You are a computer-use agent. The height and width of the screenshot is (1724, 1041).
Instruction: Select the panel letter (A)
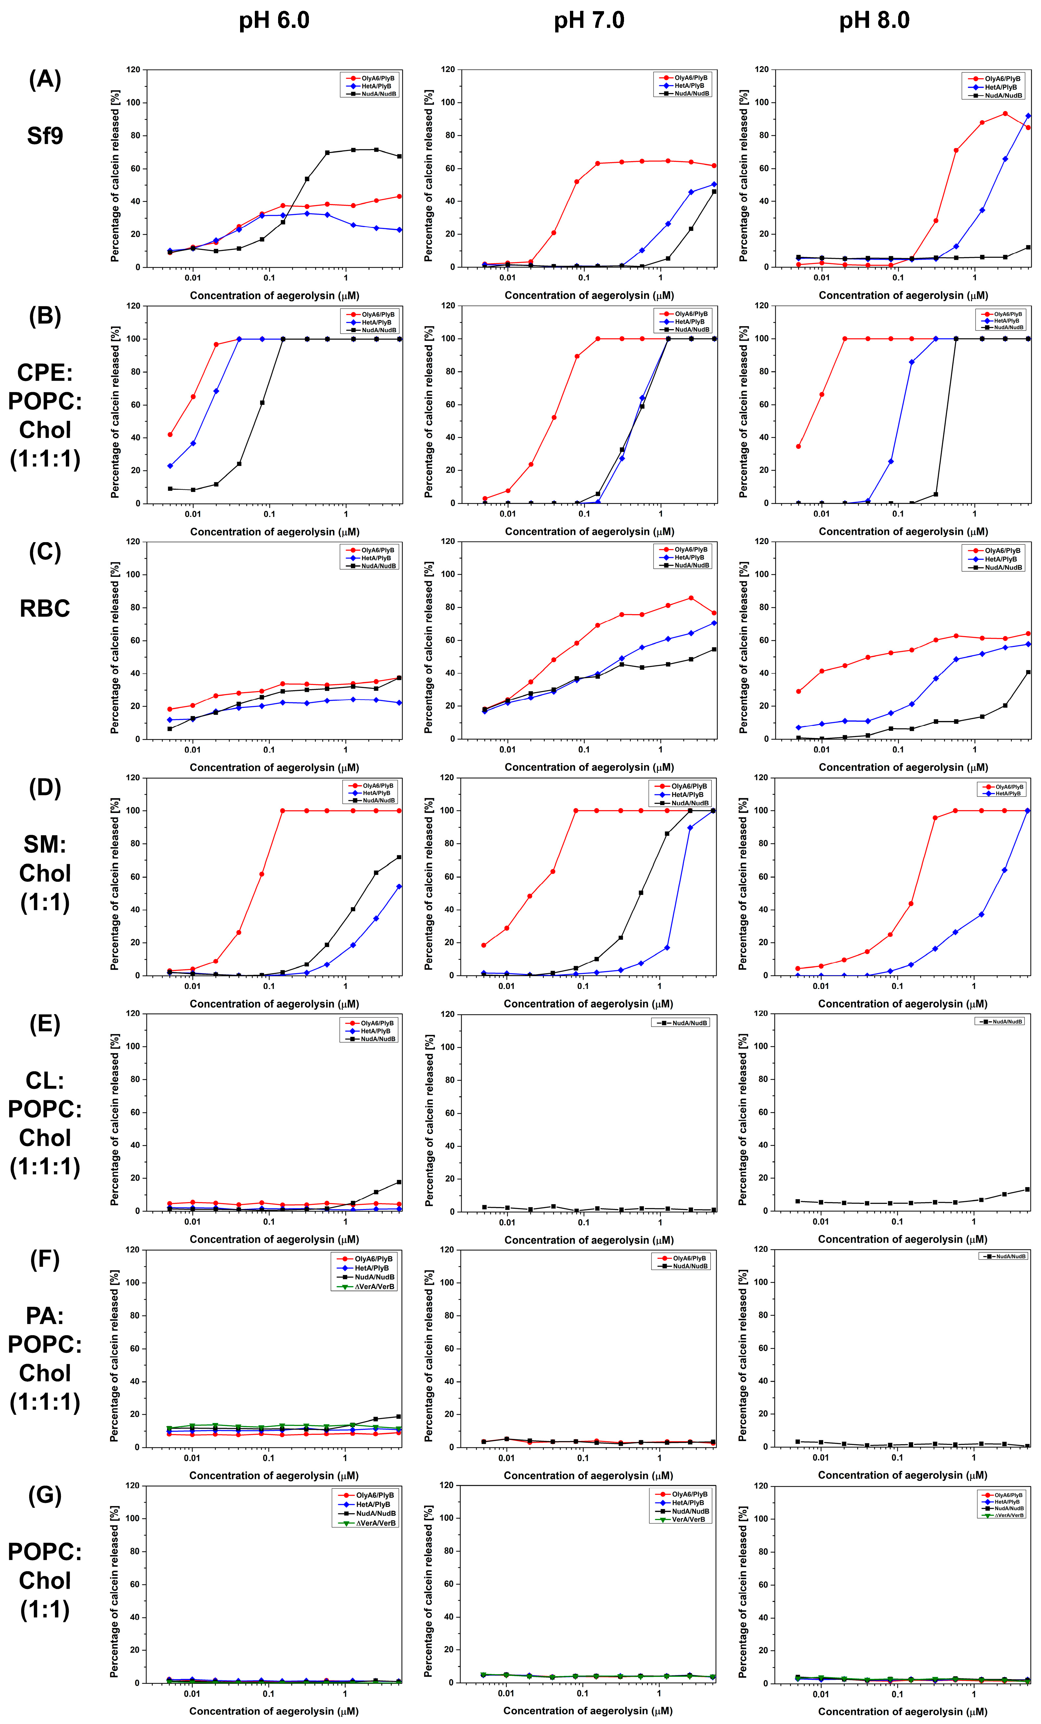tap(45, 79)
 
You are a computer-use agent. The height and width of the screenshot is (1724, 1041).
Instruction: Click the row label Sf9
tap(45, 135)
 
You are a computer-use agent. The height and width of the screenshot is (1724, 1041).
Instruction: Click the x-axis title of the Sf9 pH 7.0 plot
tap(589, 295)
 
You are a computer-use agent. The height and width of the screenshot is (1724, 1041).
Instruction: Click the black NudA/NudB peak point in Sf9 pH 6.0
tap(376, 150)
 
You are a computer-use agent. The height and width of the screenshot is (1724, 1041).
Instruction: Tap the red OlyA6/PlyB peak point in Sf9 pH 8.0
tap(1005, 113)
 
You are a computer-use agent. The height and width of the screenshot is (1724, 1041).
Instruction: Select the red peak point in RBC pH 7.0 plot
tap(691, 597)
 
